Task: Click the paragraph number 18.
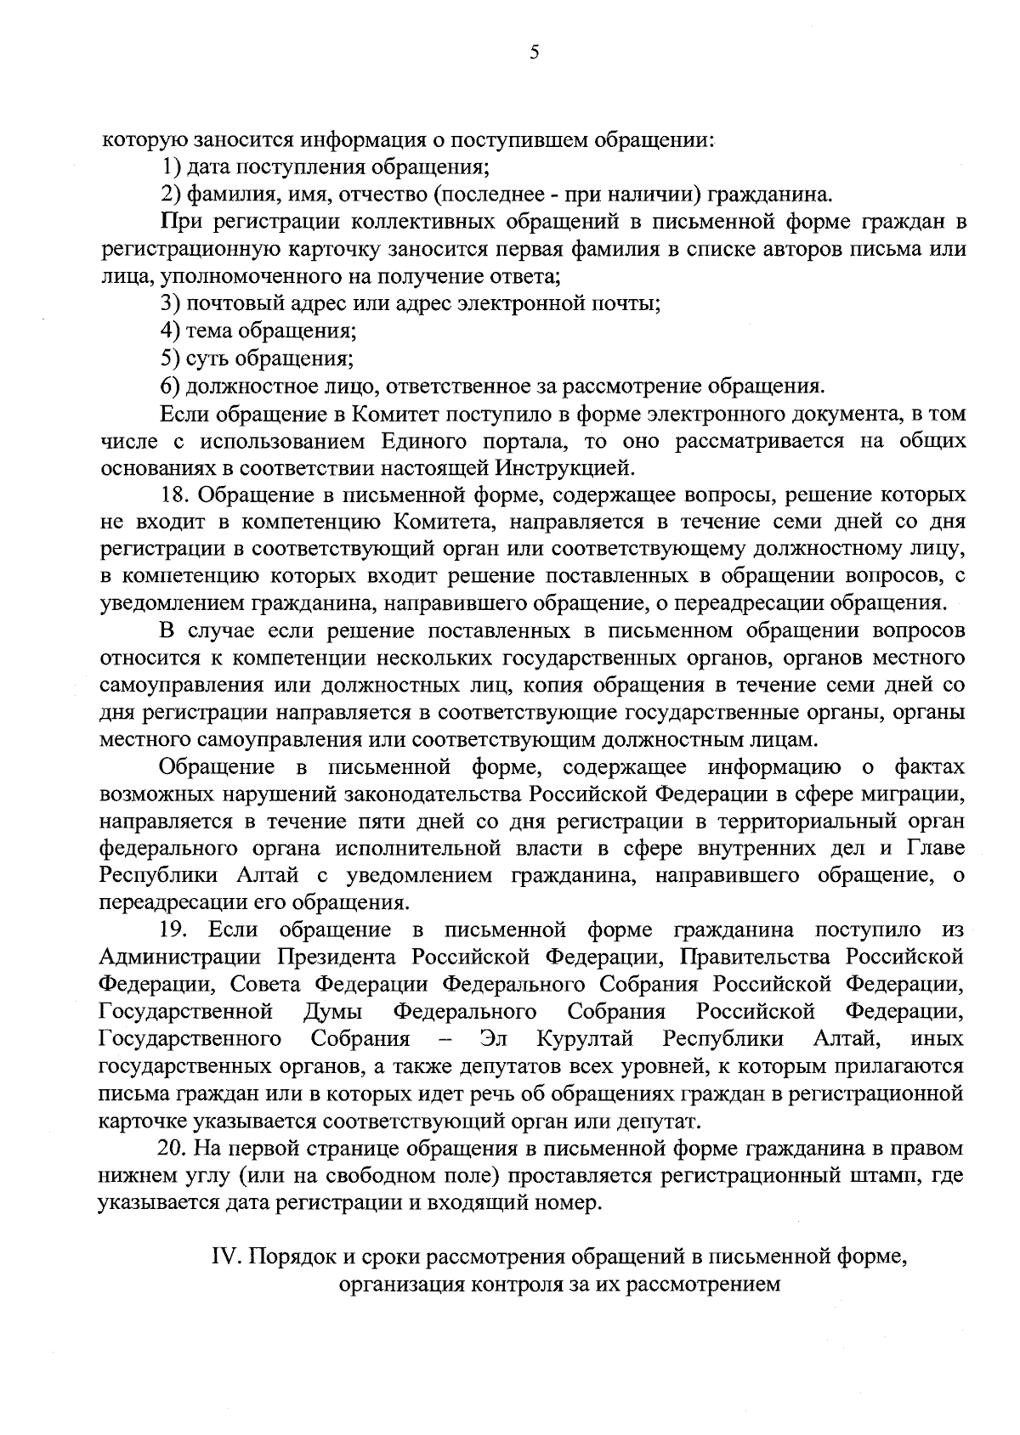click(174, 494)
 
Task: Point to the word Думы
click(333, 1012)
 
